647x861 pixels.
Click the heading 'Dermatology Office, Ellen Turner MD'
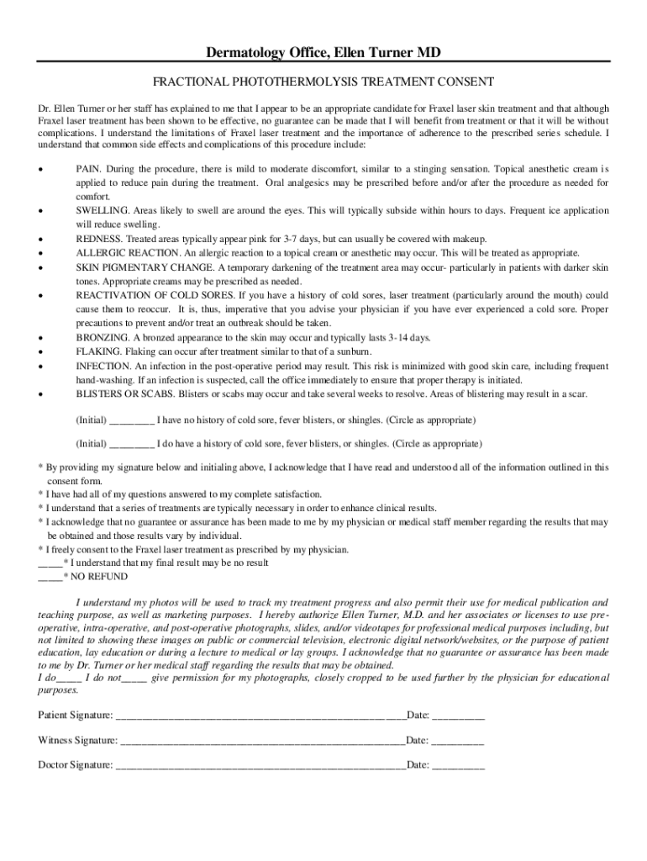click(x=323, y=54)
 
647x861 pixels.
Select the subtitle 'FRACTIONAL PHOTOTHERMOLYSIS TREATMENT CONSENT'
click(x=323, y=82)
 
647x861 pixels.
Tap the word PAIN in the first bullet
click(x=89, y=169)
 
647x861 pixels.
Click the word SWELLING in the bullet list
click(x=103, y=211)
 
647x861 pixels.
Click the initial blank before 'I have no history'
click(x=131, y=420)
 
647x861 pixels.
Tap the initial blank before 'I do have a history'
click(x=131, y=444)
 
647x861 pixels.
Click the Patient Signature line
click(x=260, y=716)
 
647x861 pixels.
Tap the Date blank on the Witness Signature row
click(x=459, y=741)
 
